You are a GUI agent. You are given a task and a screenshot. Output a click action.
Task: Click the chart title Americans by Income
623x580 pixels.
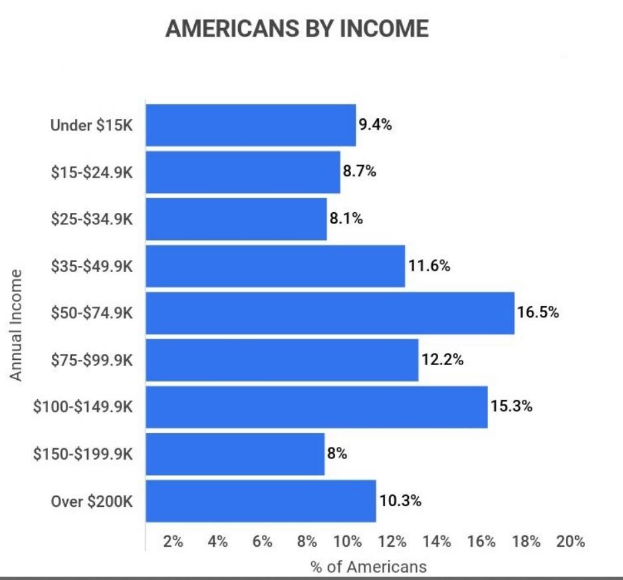[x=297, y=29]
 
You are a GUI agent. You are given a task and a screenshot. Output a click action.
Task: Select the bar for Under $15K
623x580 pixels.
[x=251, y=125]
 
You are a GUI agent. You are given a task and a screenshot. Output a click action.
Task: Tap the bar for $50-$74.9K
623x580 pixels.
[x=330, y=313]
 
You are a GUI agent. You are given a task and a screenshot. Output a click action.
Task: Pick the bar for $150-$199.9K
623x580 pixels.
[x=235, y=454]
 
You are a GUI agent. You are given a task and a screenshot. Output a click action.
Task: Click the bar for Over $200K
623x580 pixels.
[x=261, y=501]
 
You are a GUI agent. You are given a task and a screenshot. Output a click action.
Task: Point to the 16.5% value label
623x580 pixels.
[x=538, y=313]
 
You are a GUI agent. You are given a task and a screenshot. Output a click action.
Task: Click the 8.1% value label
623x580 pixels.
[x=346, y=218]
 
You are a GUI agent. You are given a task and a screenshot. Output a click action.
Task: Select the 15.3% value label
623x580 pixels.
[x=511, y=406]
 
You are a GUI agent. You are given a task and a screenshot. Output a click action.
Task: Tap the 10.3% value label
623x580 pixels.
[x=400, y=500]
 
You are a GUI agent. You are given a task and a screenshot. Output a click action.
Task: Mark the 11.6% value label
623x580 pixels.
[x=429, y=265]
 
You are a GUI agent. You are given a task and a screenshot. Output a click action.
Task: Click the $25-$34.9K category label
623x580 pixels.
[x=92, y=219]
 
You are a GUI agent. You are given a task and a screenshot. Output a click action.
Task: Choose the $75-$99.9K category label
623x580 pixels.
[x=92, y=360]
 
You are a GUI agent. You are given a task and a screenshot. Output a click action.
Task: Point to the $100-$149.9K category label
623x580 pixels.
[x=83, y=406]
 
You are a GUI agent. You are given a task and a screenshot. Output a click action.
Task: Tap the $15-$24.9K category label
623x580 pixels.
[x=92, y=172]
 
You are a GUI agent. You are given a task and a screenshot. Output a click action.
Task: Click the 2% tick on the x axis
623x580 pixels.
[x=173, y=541]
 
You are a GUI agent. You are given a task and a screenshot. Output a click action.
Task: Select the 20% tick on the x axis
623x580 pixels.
[x=570, y=541]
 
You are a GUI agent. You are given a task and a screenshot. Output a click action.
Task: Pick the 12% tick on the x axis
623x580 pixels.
[x=392, y=541]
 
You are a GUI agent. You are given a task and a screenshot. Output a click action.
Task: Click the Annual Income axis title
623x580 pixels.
[x=15, y=325]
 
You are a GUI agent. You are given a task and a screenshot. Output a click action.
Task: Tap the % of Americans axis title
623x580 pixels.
[x=368, y=567]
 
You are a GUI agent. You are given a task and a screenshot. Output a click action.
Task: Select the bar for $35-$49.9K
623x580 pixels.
[x=275, y=266]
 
